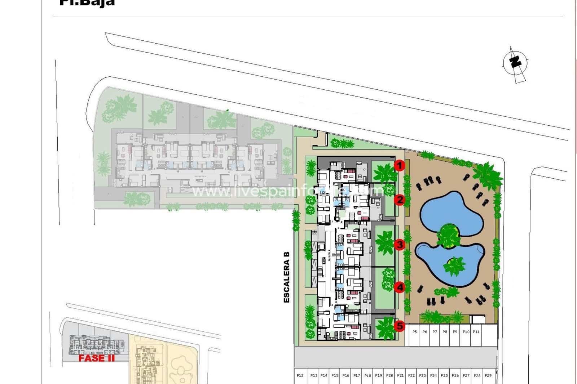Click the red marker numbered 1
[x=399, y=166]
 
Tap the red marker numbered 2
[x=399, y=200]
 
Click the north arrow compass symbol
[x=516, y=63]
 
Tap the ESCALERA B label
[x=287, y=277]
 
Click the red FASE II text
[x=97, y=358]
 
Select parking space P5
[x=414, y=332]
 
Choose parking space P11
[x=476, y=332]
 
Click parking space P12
[x=300, y=375]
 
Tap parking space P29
[x=488, y=375]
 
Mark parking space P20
[x=389, y=375]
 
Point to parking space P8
[x=445, y=332]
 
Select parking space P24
[x=433, y=375]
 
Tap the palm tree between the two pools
[x=448, y=236]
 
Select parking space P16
[x=345, y=375]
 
